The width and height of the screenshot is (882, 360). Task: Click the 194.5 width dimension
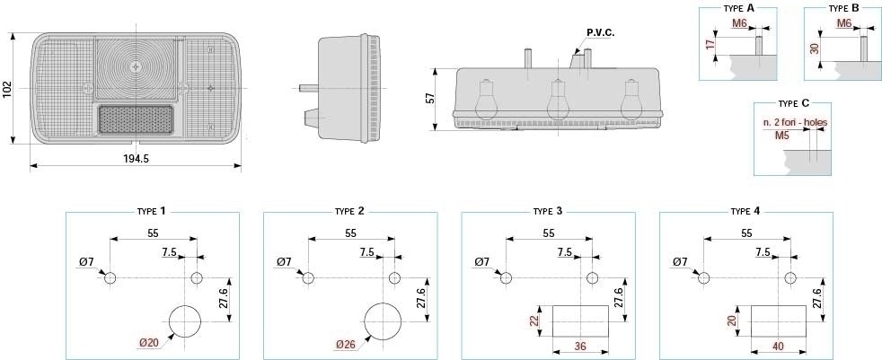pos(136,159)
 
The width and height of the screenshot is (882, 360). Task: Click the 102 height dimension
pos(7,89)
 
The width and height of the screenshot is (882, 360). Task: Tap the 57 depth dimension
pos(430,99)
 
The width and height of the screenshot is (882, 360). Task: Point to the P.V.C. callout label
pos(601,32)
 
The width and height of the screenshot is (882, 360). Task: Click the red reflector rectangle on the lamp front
pos(136,119)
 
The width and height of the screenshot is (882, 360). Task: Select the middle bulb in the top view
pos(557,101)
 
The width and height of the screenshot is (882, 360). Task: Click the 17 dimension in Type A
pos(710,44)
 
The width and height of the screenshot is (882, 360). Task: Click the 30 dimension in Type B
pos(814,48)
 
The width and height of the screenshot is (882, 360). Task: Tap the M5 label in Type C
pos(782,136)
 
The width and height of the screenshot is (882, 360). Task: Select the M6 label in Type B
pos(844,23)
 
